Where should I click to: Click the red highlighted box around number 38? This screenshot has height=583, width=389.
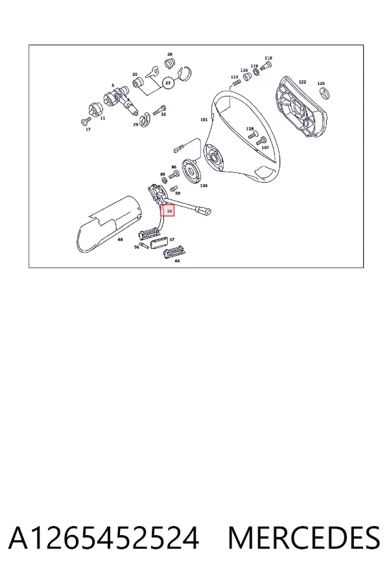pyautogui.click(x=167, y=211)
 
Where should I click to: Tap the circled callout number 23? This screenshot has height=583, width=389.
pyautogui.click(x=168, y=82)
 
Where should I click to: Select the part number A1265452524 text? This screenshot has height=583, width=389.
pyautogui.click(x=104, y=538)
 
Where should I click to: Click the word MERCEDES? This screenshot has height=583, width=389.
pyautogui.click(x=304, y=538)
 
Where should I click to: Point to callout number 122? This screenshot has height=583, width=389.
pyautogui.click(x=302, y=82)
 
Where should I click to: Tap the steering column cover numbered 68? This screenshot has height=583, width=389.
pyautogui.click(x=108, y=225)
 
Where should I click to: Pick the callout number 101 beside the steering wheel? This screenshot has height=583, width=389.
pyautogui.click(x=204, y=120)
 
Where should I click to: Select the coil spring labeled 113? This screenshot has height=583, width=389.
pyautogui.click(x=234, y=84)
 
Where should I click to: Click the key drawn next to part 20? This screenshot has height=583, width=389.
pyautogui.click(x=152, y=71)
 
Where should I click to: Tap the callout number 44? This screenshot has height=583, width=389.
pyautogui.click(x=177, y=261)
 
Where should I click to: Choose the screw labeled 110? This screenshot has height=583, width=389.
pyautogui.click(x=265, y=66)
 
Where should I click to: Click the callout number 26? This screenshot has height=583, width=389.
pyautogui.click(x=170, y=54)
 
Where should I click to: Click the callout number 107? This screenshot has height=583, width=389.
pyautogui.click(x=265, y=148)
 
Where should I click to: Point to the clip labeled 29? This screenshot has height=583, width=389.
pyautogui.click(x=145, y=119)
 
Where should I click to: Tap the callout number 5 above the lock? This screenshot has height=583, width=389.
pyautogui.click(x=113, y=86)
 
